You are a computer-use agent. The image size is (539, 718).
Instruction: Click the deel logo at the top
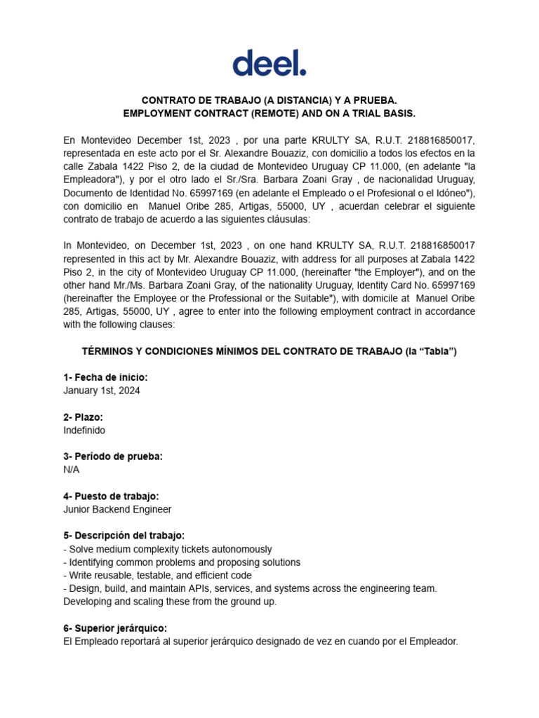pos(269,62)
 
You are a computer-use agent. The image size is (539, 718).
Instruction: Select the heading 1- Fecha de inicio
pos(105,378)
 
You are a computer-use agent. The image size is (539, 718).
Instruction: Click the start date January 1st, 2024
pos(102,391)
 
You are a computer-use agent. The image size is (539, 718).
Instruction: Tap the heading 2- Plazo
pos(83,417)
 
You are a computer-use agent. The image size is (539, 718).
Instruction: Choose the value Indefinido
pos(84,430)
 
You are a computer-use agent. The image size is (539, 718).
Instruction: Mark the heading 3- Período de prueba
pos(113,456)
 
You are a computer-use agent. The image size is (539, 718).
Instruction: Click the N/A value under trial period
pos(72,469)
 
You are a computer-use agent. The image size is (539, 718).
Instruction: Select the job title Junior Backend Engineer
pos(117,509)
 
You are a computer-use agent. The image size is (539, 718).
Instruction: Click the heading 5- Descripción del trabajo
pos(124,536)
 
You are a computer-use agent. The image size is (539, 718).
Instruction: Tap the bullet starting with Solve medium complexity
pos(168,549)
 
